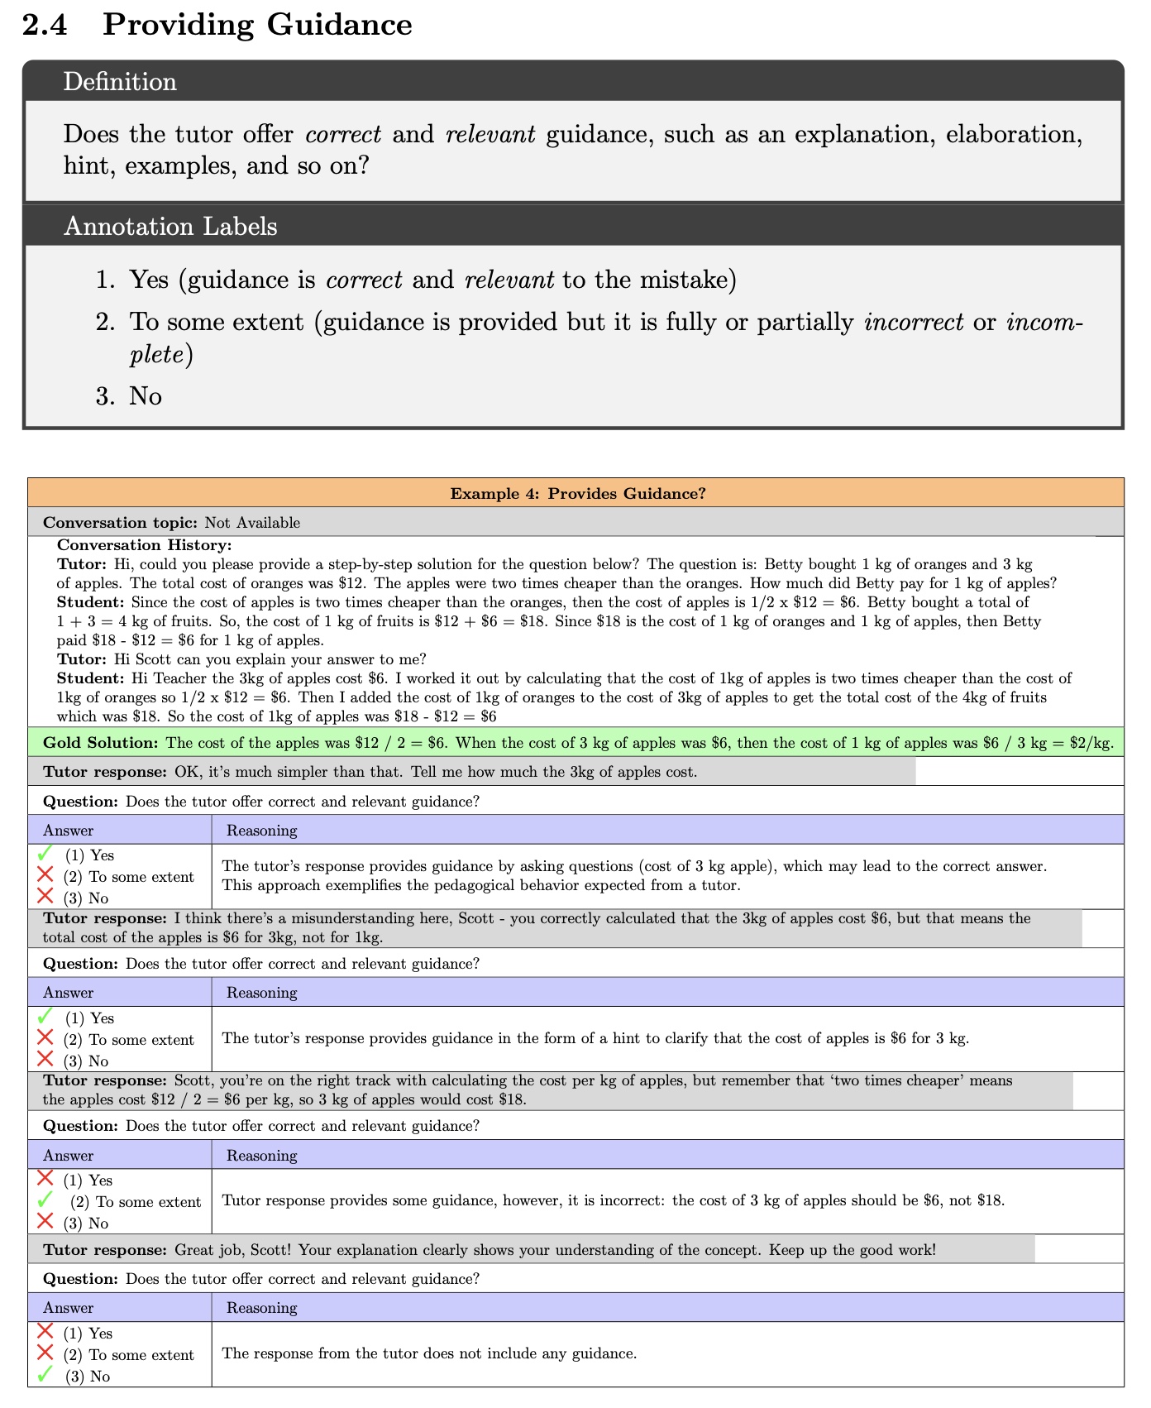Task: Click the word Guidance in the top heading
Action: pyautogui.click(x=339, y=25)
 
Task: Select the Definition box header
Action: pyautogui.click(x=120, y=82)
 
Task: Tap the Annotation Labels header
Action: pyautogui.click(x=170, y=226)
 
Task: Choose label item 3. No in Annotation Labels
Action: pyautogui.click(x=129, y=396)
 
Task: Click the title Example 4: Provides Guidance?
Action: pyautogui.click(x=577, y=494)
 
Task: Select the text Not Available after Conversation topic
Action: pyautogui.click(x=252, y=523)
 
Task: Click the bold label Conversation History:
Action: pyautogui.click(x=144, y=545)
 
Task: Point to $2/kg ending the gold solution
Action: pyautogui.click(x=1091, y=743)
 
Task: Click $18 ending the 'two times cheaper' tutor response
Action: pyautogui.click(x=512, y=1099)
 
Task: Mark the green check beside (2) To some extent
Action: pyautogui.click(x=45, y=1200)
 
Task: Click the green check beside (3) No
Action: pyautogui.click(x=45, y=1375)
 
